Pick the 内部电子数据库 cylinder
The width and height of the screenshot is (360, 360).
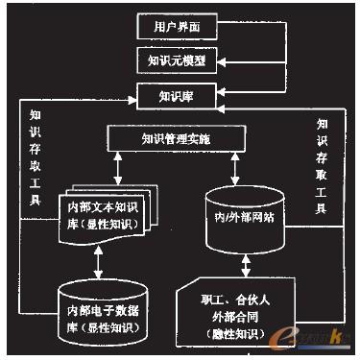(101, 311)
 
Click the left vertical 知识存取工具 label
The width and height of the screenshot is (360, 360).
(36, 154)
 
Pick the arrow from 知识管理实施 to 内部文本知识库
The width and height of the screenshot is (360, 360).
(116, 168)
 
